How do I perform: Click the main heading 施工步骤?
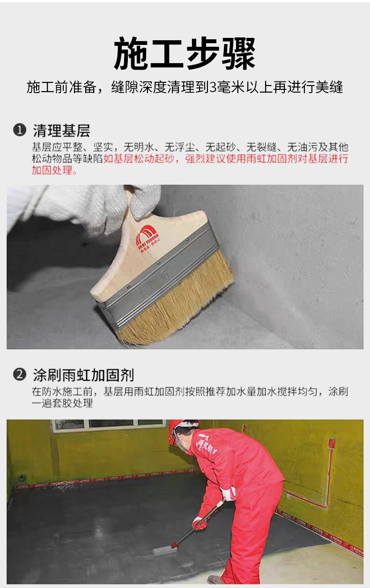185,53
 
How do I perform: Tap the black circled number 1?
20,130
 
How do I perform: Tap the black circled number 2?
20,374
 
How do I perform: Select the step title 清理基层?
61,131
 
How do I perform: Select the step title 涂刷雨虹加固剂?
83,375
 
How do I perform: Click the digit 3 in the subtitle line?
212,87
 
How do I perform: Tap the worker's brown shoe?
215,579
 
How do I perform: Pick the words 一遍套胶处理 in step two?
62,403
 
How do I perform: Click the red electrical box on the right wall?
332,443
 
